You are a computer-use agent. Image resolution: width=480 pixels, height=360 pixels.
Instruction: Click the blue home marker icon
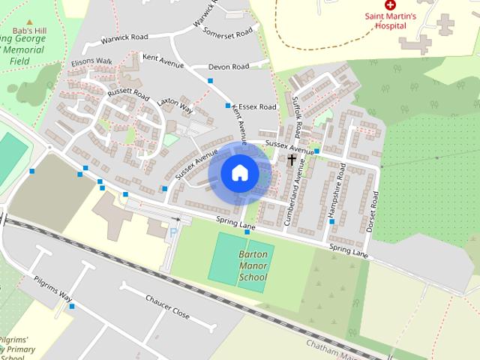[x=239, y=173]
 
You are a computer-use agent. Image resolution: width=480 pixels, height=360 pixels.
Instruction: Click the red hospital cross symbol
[x=390, y=5]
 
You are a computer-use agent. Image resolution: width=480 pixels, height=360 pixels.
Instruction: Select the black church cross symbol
[x=292, y=160]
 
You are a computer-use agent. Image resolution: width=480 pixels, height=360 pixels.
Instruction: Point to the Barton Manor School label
[x=253, y=266]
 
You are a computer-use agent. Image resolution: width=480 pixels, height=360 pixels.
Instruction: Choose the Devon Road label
[x=228, y=67]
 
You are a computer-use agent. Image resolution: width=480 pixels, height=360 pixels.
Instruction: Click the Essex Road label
[x=257, y=107]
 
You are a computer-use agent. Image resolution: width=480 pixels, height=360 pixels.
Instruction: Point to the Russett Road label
[x=129, y=97]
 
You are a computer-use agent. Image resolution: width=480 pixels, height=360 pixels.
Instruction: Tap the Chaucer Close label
[x=167, y=306]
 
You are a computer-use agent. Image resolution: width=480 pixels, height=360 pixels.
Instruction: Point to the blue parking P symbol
[x=173, y=232]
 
